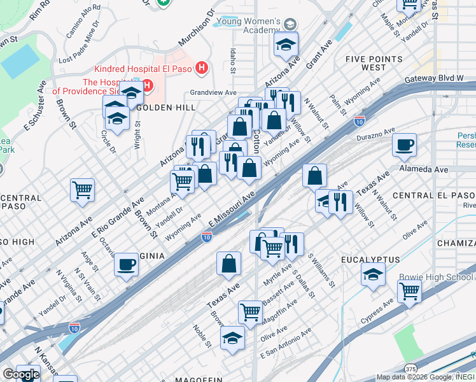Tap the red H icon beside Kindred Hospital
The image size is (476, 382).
click(x=202, y=67)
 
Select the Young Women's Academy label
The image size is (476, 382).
click(x=248, y=25)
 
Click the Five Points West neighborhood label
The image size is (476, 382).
click(x=365, y=63)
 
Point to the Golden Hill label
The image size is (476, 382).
click(x=167, y=108)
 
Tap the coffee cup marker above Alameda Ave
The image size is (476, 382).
click(x=404, y=145)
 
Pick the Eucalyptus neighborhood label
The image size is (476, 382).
click(x=368, y=260)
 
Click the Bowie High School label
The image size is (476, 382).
click(x=437, y=277)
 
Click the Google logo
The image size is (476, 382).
click(x=20, y=374)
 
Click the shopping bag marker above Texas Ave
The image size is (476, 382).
click(x=228, y=264)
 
